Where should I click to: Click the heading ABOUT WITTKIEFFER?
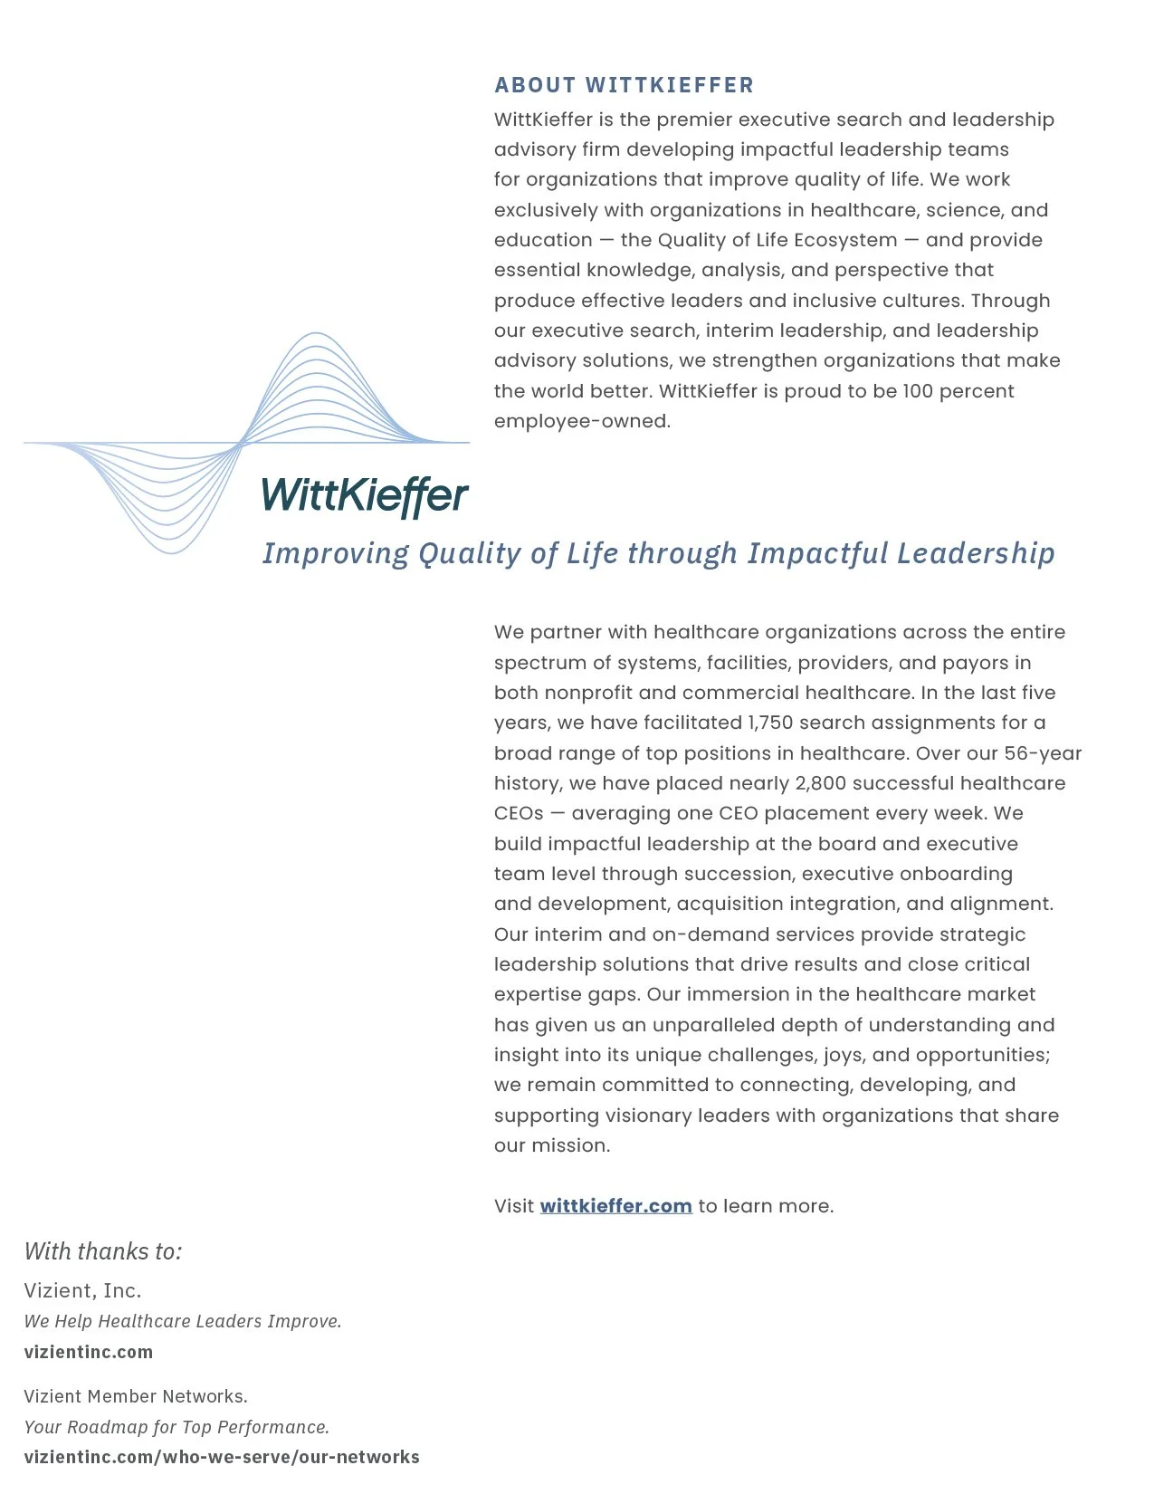coord(624,85)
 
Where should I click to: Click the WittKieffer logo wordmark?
coord(365,495)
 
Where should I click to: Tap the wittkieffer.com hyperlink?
coord(615,1206)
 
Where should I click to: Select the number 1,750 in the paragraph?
coord(768,723)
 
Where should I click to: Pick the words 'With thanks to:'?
coord(103,1251)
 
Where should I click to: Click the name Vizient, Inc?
coord(82,1290)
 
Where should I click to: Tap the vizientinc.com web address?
coord(89,1352)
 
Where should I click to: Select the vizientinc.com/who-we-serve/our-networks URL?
coord(222,1457)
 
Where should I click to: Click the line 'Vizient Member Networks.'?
coord(136,1396)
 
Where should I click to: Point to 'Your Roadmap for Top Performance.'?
coord(176,1427)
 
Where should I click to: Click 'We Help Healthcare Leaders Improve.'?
coord(183,1321)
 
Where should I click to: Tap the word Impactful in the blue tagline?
coord(817,553)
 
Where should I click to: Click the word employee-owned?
coord(582,421)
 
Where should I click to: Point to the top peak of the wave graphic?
coord(315,334)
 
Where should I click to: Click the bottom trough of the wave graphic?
coord(171,552)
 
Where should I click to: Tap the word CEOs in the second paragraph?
coord(519,813)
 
